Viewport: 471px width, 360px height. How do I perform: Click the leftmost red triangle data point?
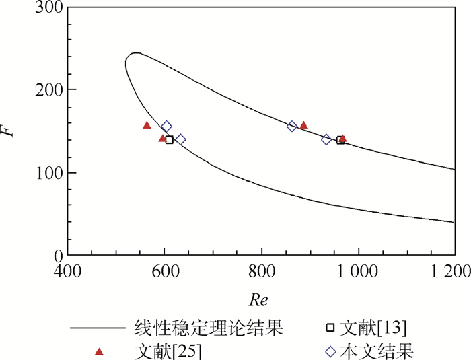pyautogui.click(x=147, y=125)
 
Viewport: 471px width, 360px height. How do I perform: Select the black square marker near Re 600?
pyautogui.click(x=170, y=140)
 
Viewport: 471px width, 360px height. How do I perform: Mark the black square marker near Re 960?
pyautogui.click(x=340, y=140)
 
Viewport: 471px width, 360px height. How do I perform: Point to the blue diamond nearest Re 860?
pyautogui.click(x=292, y=126)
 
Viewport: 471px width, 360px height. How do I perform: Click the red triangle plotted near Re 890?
pyautogui.click(x=303, y=125)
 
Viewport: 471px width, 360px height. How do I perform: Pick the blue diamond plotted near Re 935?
pyautogui.click(x=327, y=139)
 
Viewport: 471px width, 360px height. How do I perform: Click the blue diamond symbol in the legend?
pyautogui.click(x=330, y=351)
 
